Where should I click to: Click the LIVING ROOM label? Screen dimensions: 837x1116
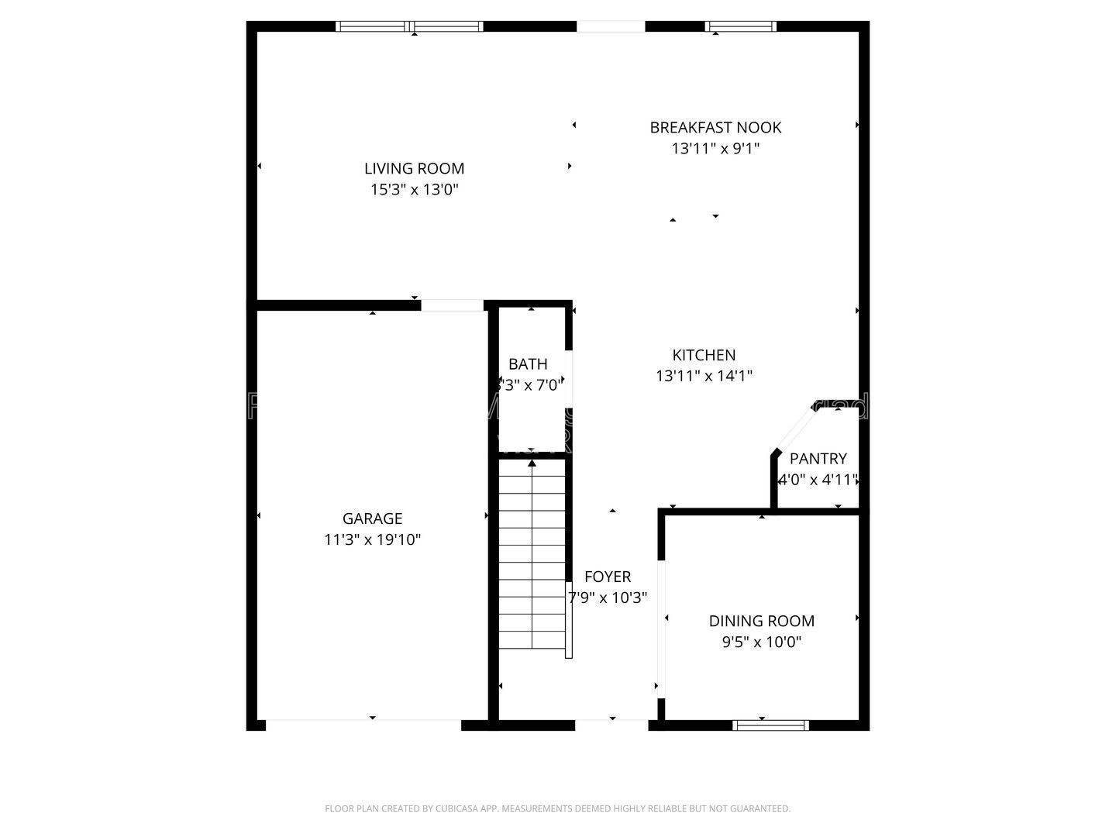click(414, 168)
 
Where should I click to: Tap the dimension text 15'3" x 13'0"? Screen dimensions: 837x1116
click(414, 189)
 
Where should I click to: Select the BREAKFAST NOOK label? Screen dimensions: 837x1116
click(715, 127)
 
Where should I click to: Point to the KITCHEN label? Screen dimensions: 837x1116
click(703, 355)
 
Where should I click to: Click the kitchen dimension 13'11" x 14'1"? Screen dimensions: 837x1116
click(703, 376)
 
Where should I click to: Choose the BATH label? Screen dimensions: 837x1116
click(528, 363)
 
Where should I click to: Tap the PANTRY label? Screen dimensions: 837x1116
click(818, 458)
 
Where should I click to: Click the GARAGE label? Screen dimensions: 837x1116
click(372, 518)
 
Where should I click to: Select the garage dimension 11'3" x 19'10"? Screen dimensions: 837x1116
click(372, 539)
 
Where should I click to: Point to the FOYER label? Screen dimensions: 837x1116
click(607, 577)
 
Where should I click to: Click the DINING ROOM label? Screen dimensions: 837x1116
click(761, 621)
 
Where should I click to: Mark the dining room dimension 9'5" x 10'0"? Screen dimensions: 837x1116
click(761, 642)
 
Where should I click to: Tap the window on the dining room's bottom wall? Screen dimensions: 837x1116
click(770, 725)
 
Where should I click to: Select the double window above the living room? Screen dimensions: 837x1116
click(409, 26)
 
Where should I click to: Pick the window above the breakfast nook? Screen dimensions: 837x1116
click(740, 26)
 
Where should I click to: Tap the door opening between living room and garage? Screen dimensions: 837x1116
click(452, 305)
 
